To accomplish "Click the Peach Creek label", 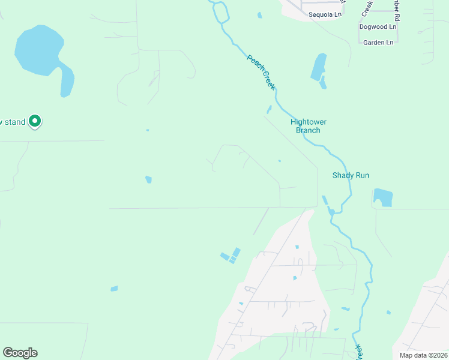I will point(261,72).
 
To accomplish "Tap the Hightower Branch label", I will point(309,126).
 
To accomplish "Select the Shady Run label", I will point(351,175).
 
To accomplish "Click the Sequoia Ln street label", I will point(324,14).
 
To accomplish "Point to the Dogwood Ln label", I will point(378,27).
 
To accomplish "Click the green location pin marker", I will point(35,121).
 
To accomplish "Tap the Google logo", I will point(20,353).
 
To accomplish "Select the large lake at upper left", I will point(39,51).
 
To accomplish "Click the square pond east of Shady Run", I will point(382,197).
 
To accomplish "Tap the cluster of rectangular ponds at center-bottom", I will point(231,256).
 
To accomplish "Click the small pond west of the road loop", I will point(148,179).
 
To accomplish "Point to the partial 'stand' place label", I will point(13,122).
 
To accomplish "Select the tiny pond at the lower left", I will point(114,289).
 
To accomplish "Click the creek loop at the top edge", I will point(220,11).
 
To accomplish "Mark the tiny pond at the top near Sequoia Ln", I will point(259,15).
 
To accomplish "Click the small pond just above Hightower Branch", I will point(269,110).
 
